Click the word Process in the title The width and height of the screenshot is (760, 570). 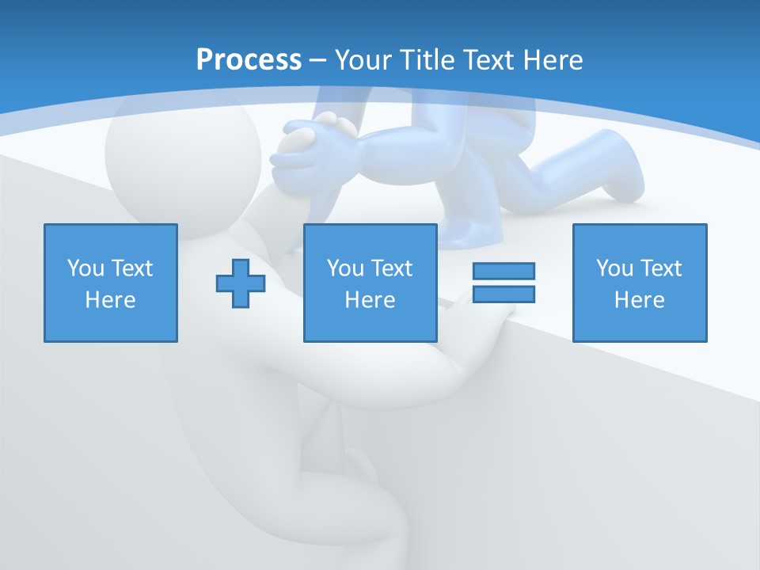pyautogui.click(x=249, y=59)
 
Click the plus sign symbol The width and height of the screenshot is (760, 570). pyautogui.click(x=241, y=283)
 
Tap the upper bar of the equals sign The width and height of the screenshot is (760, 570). pyautogui.click(x=503, y=271)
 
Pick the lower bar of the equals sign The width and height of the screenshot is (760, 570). pyautogui.click(x=503, y=294)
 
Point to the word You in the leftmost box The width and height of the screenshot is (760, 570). pyautogui.click(x=85, y=268)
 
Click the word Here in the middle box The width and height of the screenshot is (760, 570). pyautogui.click(x=370, y=300)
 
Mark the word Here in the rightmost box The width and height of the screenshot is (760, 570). pyautogui.click(x=640, y=300)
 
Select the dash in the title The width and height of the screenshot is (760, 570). pyautogui.click(x=318, y=59)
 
